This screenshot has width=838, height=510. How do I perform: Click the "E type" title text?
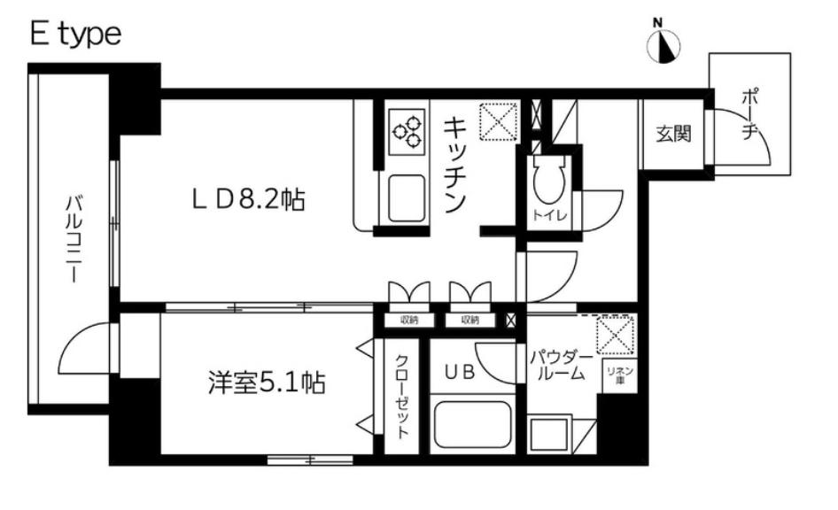pyautogui.click(x=74, y=35)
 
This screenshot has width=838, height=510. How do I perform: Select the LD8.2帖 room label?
pyautogui.click(x=250, y=200)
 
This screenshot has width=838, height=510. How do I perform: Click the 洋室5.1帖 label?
pyautogui.click(x=266, y=383)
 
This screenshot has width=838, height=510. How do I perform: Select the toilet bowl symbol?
pyautogui.click(x=547, y=182)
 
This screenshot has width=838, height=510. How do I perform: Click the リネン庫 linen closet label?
pyautogui.click(x=615, y=373)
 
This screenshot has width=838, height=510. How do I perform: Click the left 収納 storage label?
pyautogui.click(x=408, y=321)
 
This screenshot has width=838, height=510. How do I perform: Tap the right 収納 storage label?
pyautogui.click(x=469, y=321)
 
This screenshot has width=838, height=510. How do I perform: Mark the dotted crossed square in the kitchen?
pyautogui.click(x=497, y=122)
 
